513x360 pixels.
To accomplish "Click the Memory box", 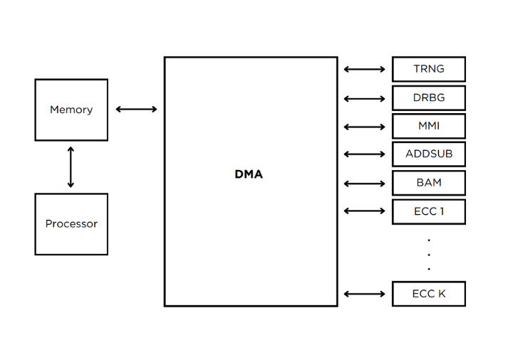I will pyautogui.click(x=71, y=110).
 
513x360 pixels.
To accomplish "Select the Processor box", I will pyautogui.click(x=71, y=223).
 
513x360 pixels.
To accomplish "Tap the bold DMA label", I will pyautogui.click(x=249, y=174).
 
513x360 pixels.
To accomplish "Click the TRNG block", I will pyautogui.click(x=428, y=69).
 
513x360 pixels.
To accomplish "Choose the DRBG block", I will pyautogui.click(x=428, y=97).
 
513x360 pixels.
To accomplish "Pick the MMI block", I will pyautogui.click(x=428, y=126).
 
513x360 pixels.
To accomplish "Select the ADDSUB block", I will pyautogui.click(x=428, y=154).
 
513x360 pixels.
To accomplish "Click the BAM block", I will pyautogui.click(x=428, y=183).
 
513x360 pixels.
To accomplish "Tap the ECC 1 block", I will pyautogui.click(x=428, y=211).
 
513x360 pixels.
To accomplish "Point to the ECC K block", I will pyautogui.click(x=428, y=294).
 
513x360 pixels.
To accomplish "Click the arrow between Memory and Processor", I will pyautogui.click(x=71, y=167).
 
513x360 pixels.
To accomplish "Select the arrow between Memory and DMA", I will pyautogui.click(x=136, y=110).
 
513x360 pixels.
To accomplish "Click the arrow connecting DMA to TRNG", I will pyautogui.click(x=364, y=70).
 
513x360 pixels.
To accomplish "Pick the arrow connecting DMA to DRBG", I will pyautogui.click(x=364, y=99).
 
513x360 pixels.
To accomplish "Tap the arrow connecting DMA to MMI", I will pyautogui.click(x=364, y=127).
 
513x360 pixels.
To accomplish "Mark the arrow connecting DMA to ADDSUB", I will pyautogui.click(x=364, y=154).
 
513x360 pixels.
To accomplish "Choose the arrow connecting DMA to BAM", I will pyautogui.click(x=364, y=184).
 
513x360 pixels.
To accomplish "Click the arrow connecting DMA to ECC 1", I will pyautogui.click(x=364, y=211).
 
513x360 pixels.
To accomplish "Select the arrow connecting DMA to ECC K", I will pyautogui.click(x=364, y=293).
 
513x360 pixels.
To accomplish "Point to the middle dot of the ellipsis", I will pyautogui.click(x=428, y=254).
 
